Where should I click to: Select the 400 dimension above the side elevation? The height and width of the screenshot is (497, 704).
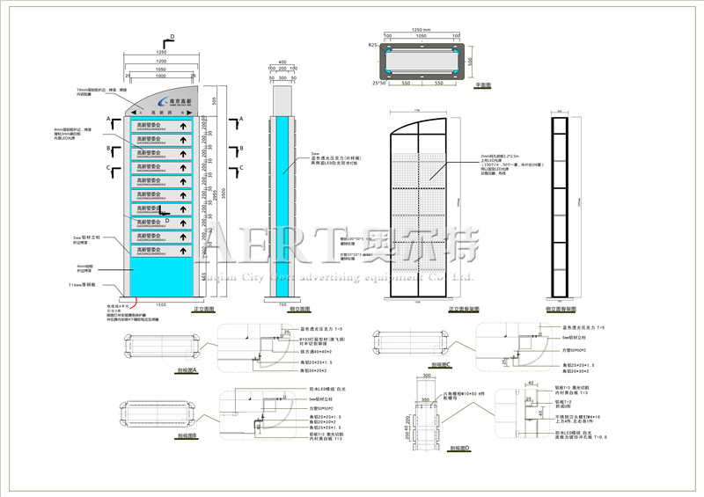coord(282,62)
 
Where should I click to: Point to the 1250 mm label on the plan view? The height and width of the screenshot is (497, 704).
coord(421,28)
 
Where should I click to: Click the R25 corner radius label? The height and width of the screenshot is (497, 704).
coord(373,43)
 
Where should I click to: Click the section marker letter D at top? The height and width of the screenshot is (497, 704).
coord(172,36)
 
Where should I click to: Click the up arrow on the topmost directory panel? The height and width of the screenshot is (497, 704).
coord(184,126)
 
